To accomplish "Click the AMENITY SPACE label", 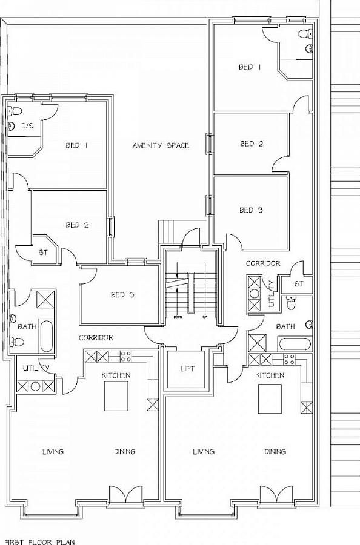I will [x=161, y=145].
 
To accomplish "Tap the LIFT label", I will [x=188, y=368].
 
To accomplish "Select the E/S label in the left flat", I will [x=27, y=126].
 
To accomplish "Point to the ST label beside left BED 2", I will [x=44, y=252].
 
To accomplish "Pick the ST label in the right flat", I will [x=298, y=283].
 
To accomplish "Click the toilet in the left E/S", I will [x=16, y=111].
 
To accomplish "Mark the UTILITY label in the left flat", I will [x=32, y=368].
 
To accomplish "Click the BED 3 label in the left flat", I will [x=122, y=295].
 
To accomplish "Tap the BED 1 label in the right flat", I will [x=250, y=67].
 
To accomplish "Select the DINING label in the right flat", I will [x=275, y=452].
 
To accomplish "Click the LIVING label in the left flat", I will [x=53, y=452].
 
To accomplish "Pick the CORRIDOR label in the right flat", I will [x=263, y=263].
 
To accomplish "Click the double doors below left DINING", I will [x=125, y=494].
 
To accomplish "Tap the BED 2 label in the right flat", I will [x=251, y=144].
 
